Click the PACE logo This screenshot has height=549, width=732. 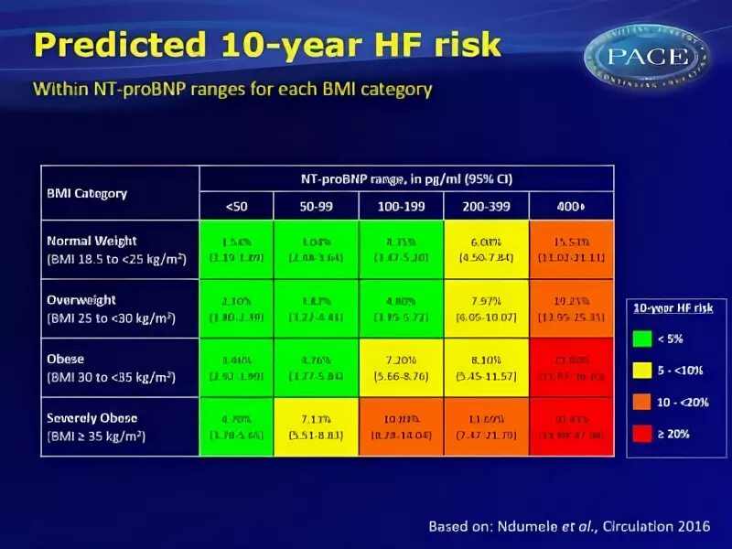(x=647, y=57)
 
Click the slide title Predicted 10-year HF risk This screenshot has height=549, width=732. (x=267, y=44)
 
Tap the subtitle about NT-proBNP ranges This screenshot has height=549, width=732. (x=232, y=90)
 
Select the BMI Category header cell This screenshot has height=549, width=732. (x=120, y=193)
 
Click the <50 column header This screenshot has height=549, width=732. (x=236, y=206)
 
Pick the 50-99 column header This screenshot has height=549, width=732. (x=316, y=206)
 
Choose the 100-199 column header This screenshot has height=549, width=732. (x=401, y=206)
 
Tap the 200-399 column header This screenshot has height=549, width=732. (x=486, y=206)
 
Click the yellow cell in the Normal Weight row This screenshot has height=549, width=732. (x=486, y=250)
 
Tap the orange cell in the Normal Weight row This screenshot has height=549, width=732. (x=571, y=250)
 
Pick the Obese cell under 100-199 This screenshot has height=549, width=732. (x=401, y=367)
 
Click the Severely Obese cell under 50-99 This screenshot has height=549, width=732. (x=316, y=426)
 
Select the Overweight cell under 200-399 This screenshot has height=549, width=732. (x=486, y=308)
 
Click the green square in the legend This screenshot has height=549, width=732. (x=642, y=339)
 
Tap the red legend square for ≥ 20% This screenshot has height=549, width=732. (x=642, y=434)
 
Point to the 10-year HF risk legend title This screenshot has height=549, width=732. (x=673, y=308)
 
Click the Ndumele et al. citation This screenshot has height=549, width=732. (x=567, y=526)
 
